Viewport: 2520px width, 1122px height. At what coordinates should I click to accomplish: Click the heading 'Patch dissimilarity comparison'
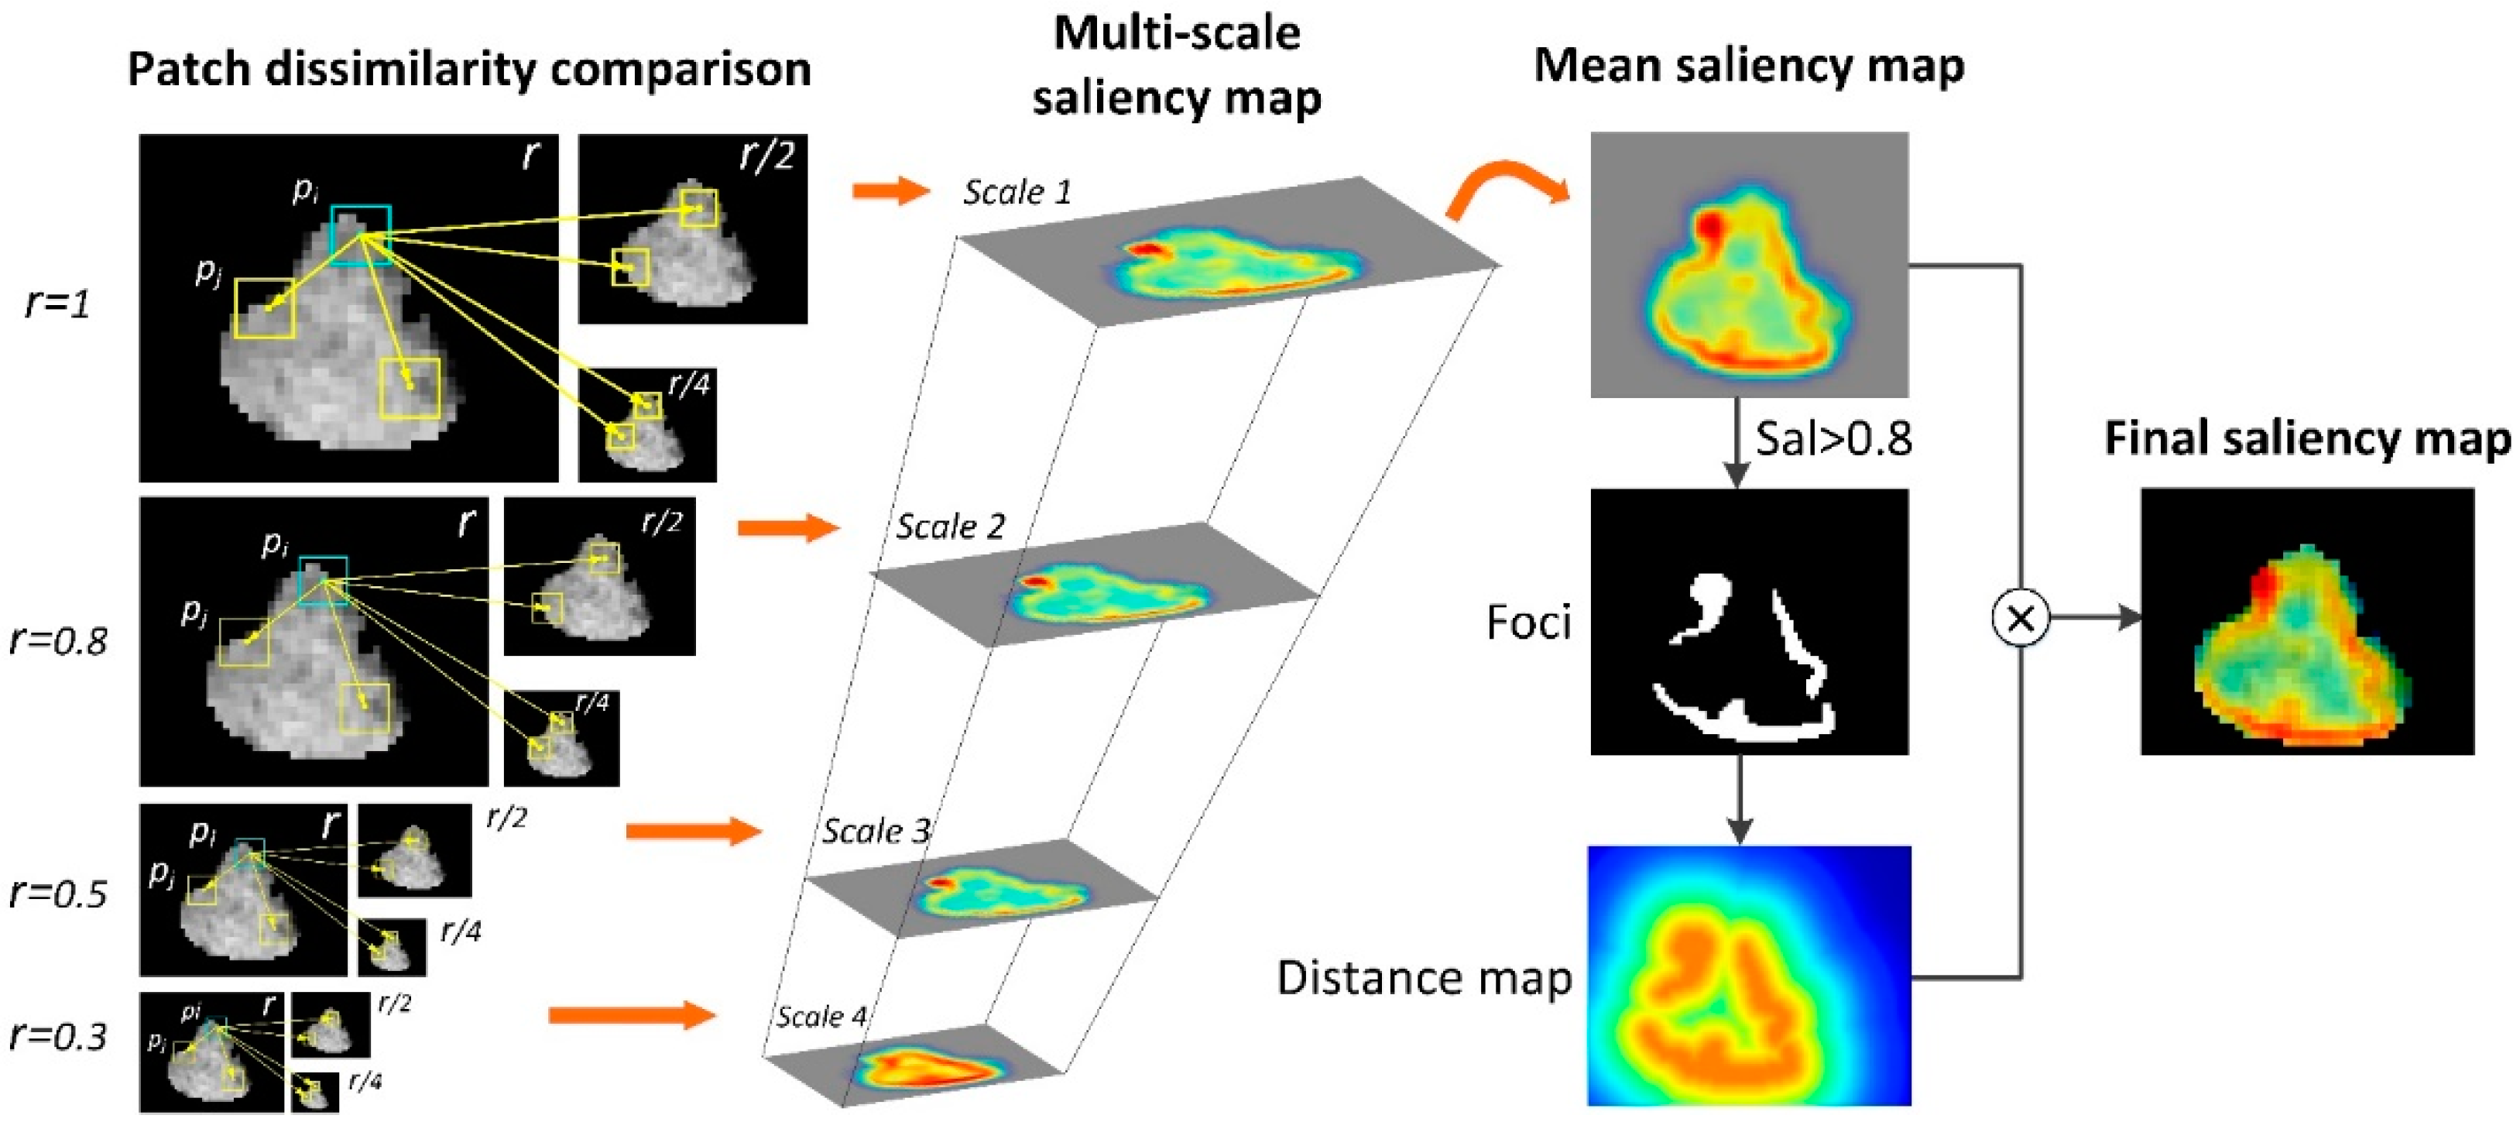(470, 70)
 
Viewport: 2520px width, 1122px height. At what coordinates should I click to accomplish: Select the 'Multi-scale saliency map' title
(1177, 67)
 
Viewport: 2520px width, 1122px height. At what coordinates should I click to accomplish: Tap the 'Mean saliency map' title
(1749, 67)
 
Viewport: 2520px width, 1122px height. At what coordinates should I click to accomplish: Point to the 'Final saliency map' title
(2308, 439)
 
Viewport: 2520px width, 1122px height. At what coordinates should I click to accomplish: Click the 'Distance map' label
(1425, 978)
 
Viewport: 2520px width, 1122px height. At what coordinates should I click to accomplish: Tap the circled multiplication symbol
(2020, 618)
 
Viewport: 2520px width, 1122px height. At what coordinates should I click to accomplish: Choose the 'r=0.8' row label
(58, 640)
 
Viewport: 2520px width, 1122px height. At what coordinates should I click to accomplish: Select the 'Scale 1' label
(1017, 193)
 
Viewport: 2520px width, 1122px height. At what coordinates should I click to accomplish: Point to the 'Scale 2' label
(950, 527)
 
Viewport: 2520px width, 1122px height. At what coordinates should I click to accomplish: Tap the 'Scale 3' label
(876, 832)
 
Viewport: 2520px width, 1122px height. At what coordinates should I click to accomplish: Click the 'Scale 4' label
(821, 1017)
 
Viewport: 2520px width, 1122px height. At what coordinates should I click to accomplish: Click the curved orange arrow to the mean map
(1507, 196)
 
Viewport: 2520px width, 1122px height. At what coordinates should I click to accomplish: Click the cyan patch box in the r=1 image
(361, 235)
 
